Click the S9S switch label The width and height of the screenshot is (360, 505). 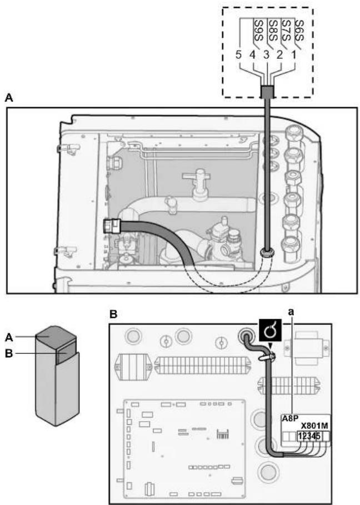point(259,31)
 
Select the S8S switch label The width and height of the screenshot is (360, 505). point(273,31)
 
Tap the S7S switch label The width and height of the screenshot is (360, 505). point(286,31)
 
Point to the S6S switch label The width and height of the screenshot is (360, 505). point(299,31)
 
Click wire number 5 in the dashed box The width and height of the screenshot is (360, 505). point(238,55)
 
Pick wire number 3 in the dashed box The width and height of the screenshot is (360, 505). point(266,55)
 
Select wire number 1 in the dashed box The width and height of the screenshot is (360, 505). point(293,55)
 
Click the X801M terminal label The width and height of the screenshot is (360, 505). point(314,426)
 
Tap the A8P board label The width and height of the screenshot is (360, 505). point(290,418)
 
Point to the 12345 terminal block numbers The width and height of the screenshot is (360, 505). point(309,436)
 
